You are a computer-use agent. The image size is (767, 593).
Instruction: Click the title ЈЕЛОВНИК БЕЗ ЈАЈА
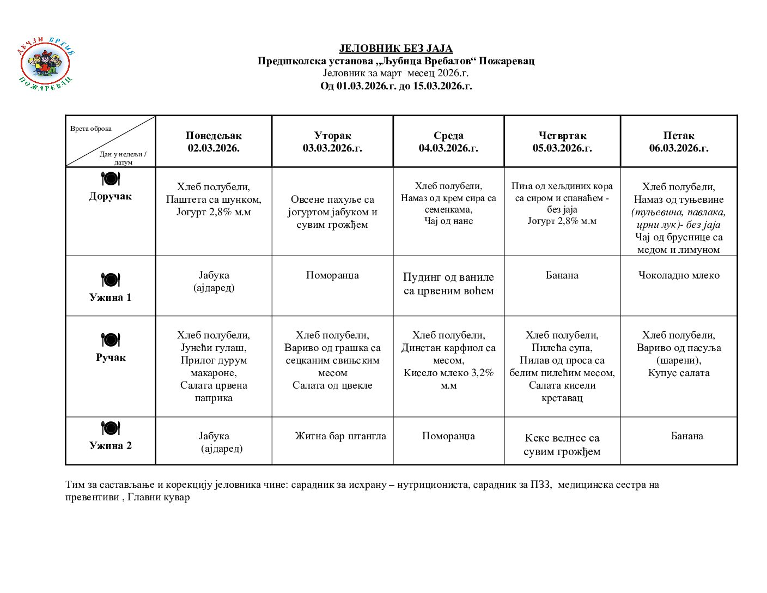point(396,49)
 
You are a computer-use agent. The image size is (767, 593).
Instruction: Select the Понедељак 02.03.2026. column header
point(214,142)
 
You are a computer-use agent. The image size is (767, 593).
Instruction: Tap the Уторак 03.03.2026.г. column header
point(332,142)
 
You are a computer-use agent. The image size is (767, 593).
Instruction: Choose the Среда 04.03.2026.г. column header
point(448,142)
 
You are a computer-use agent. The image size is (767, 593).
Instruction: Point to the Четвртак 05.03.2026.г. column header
point(562,142)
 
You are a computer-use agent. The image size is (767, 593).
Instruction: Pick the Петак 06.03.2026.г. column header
point(679,142)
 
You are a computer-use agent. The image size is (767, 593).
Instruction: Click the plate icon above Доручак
point(111,179)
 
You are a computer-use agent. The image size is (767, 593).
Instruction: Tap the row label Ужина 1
point(111,298)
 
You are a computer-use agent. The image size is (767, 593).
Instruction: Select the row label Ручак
point(111,358)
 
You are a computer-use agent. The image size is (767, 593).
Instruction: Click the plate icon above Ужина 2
point(111,428)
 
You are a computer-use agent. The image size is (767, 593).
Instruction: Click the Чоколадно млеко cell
point(679,275)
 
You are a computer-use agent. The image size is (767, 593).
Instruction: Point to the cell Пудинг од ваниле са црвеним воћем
point(448,284)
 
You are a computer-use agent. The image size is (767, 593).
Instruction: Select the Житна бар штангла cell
point(340,436)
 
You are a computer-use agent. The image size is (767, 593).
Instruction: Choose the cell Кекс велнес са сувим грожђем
point(562,445)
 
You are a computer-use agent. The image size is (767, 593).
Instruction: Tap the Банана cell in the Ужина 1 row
point(562,275)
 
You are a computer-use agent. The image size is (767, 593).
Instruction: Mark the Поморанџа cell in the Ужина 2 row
point(448,436)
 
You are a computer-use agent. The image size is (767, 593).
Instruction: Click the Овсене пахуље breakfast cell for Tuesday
point(332,212)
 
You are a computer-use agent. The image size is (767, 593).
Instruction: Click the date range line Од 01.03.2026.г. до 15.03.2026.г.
point(396,86)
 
